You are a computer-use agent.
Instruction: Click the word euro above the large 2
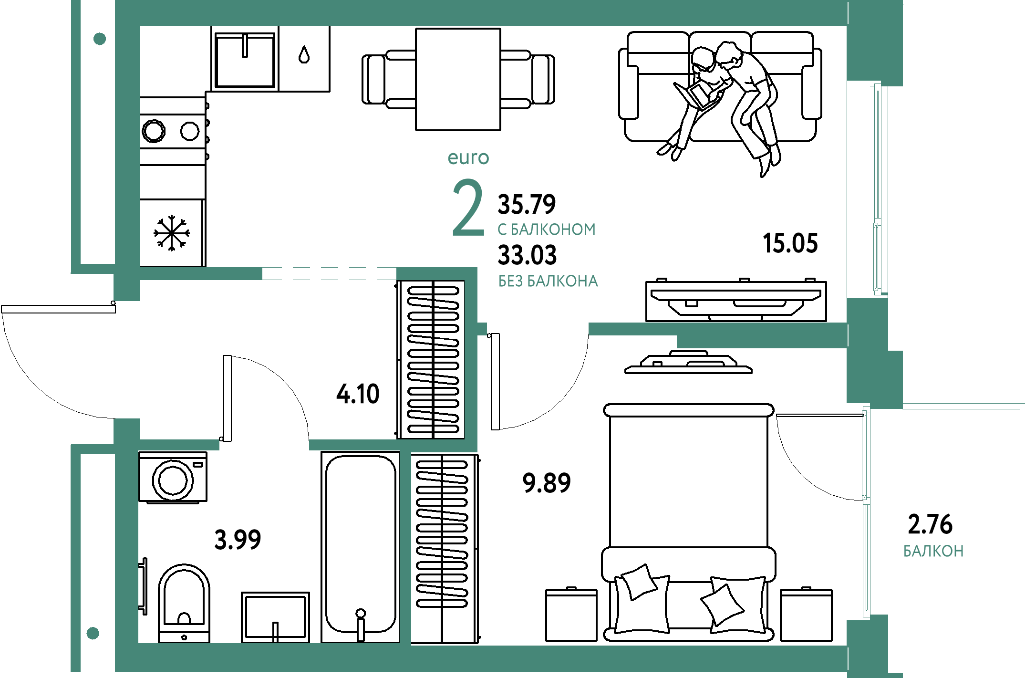click(x=468, y=158)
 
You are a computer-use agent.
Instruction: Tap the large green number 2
click(x=468, y=208)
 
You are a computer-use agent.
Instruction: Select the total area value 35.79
click(x=527, y=204)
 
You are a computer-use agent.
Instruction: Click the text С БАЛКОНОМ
click(x=547, y=229)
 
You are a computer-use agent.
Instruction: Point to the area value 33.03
click(x=527, y=255)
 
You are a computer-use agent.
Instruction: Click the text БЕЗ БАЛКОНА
click(x=548, y=281)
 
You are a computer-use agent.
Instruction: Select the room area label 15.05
click(x=790, y=243)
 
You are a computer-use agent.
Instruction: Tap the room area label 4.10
click(x=358, y=394)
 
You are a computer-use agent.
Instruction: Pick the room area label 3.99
click(x=238, y=540)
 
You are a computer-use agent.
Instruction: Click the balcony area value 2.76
click(x=930, y=524)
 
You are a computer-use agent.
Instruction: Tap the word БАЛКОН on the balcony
click(x=933, y=551)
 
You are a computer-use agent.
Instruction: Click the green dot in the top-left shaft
click(x=100, y=39)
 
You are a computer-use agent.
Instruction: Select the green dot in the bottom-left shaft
click(x=93, y=633)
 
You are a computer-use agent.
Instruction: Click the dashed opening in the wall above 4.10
click(x=329, y=273)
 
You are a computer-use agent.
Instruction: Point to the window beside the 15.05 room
click(x=878, y=188)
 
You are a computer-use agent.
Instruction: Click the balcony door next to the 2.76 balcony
click(x=866, y=511)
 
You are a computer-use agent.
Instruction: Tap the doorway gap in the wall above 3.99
click(x=264, y=445)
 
